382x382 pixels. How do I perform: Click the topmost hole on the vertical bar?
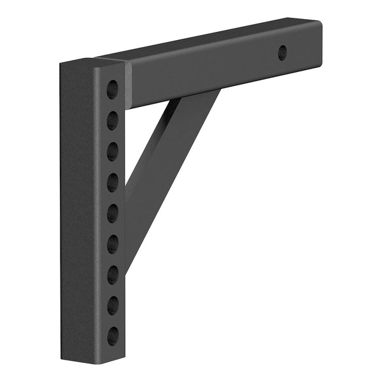point(112,89)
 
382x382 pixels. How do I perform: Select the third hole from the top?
point(112,152)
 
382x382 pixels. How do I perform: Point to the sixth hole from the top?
point(112,243)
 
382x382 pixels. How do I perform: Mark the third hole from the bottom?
point(112,274)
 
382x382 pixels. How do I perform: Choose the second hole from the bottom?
point(112,305)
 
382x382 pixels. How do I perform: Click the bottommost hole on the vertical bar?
point(112,336)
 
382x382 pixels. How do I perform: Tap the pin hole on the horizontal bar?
point(282,53)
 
